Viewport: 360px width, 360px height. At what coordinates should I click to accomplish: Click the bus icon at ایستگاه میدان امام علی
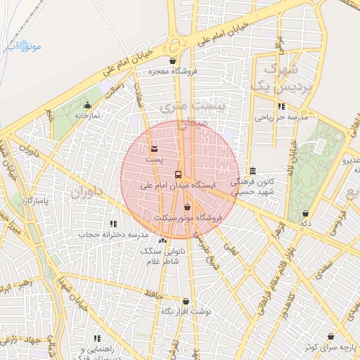(178, 174)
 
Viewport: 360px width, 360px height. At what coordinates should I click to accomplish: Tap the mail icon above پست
(155, 148)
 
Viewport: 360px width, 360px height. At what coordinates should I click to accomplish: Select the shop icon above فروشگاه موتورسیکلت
(186, 207)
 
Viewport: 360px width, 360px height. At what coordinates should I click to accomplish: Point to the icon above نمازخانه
(88, 105)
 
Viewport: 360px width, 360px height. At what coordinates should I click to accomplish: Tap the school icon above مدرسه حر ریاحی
(281, 107)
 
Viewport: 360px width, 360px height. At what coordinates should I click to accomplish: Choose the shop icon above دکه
(305, 213)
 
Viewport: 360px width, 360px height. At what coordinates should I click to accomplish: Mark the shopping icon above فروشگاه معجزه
(173, 60)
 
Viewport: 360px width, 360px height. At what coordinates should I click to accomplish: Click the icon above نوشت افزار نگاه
(186, 300)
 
